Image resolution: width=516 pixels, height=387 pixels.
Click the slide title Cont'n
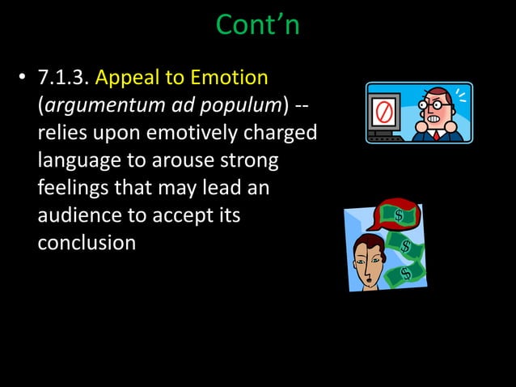pos(257,24)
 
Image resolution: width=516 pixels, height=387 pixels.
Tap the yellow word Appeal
pos(127,79)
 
